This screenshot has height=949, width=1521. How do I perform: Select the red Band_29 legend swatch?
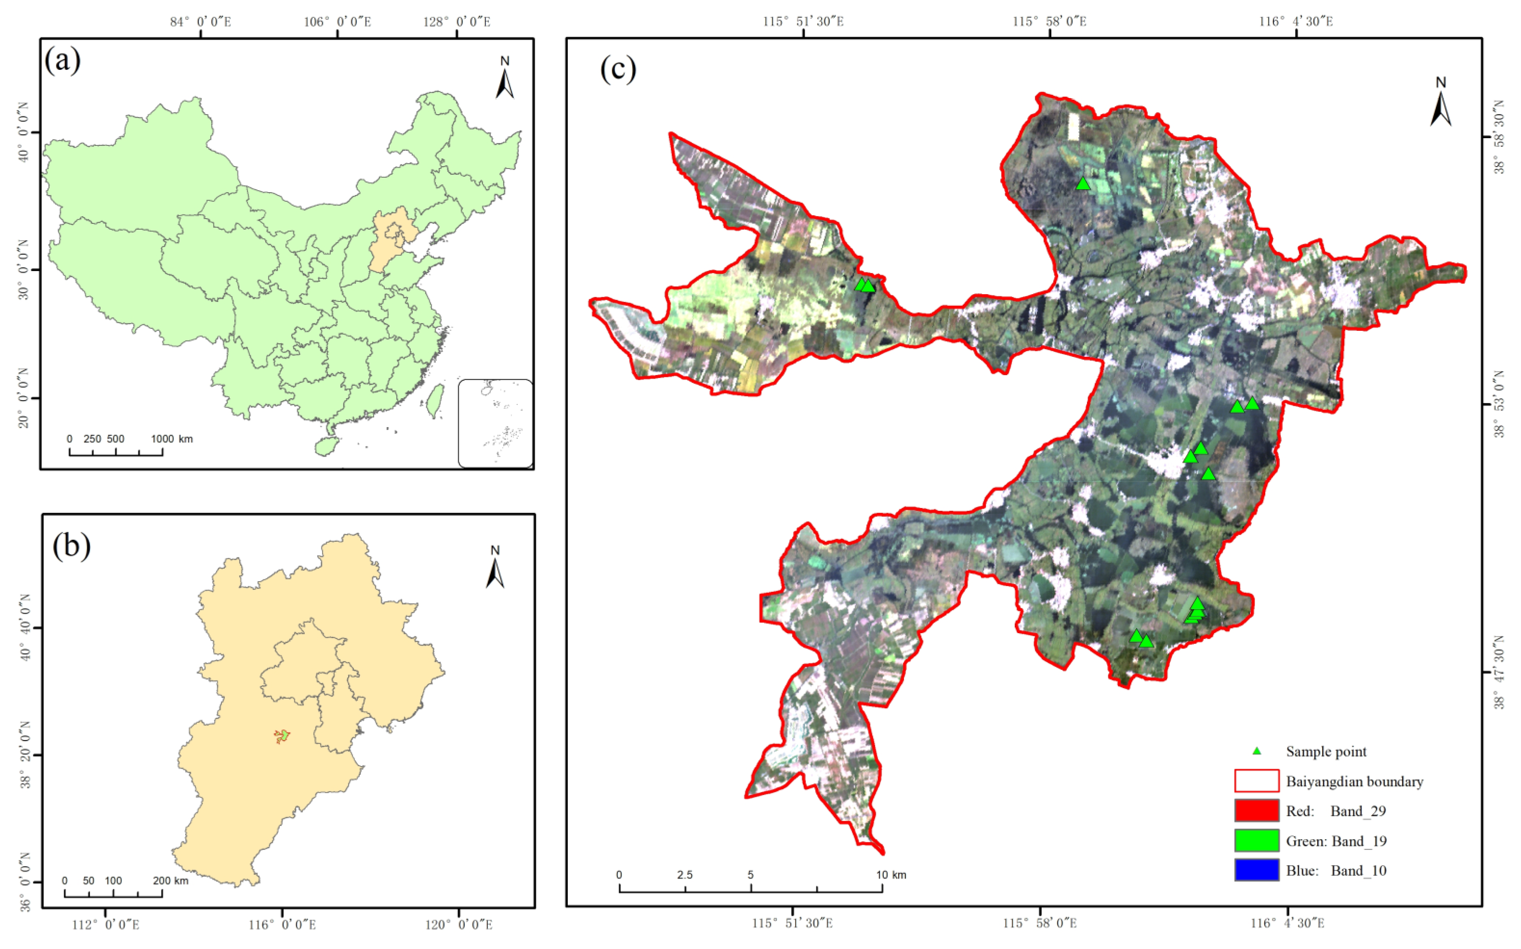[x=1256, y=810]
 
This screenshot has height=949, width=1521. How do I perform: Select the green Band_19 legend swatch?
[x=1256, y=840]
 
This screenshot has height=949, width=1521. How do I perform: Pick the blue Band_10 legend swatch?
[x=1256, y=870]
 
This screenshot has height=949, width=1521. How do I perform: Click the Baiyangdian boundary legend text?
[x=1354, y=781]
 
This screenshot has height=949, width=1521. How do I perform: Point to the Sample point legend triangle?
[x=1256, y=751]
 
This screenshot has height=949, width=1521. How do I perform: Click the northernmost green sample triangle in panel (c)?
[x=1083, y=184]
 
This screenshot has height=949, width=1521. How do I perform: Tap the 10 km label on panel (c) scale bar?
[x=890, y=875]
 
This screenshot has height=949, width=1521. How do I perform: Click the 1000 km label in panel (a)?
[x=171, y=439]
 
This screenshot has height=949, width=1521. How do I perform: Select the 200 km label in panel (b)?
[x=170, y=881]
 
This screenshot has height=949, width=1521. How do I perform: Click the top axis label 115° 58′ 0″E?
[x=1049, y=21]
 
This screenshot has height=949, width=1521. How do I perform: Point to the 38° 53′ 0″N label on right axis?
[x=1499, y=403]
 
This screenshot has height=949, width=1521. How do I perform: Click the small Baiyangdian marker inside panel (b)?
[x=283, y=736]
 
